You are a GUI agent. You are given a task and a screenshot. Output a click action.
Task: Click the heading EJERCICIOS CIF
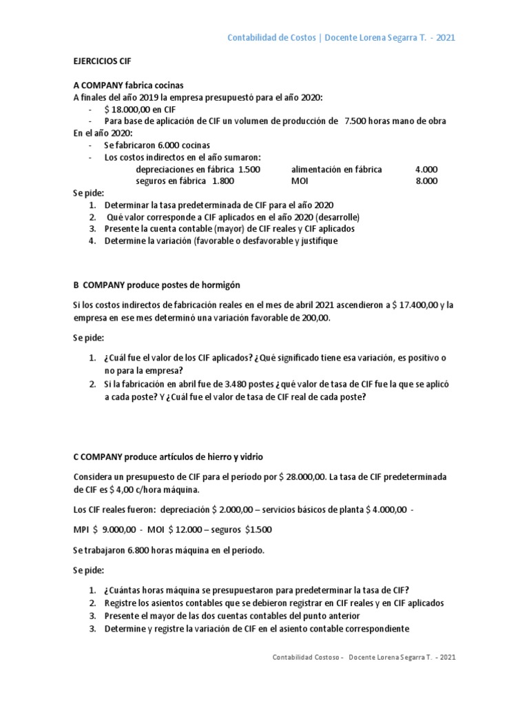pyautogui.click(x=101, y=60)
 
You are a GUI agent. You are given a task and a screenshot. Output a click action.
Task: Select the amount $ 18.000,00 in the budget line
pyautogui.click(x=130, y=109)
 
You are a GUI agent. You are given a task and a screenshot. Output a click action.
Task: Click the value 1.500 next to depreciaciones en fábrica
pyautogui.click(x=249, y=169)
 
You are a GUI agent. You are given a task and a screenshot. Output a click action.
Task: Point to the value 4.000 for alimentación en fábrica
pyautogui.click(x=426, y=169)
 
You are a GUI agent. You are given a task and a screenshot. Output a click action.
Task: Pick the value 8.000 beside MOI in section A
pyautogui.click(x=426, y=181)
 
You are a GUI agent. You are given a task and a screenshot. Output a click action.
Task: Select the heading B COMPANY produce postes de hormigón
pyautogui.click(x=156, y=284)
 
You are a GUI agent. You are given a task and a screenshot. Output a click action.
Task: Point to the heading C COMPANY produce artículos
pyautogui.click(x=167, y=457)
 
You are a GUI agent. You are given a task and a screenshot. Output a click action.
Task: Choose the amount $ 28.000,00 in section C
pyautogui.click(x=307, y=477)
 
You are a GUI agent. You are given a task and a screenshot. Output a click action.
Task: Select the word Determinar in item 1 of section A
pyautogui.click(x=127, y=205)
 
